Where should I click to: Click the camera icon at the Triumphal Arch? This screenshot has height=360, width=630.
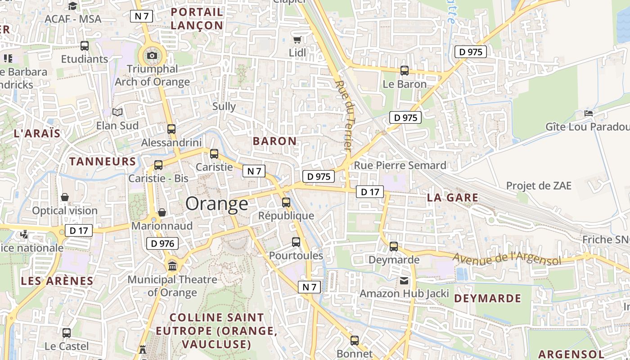click(152, 56)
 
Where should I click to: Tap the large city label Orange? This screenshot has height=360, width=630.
click(216, 204)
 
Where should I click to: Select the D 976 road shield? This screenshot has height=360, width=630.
click(162, 244)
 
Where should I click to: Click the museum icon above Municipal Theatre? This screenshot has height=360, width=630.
click(172, 266)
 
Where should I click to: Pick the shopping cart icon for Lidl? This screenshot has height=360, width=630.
click(297, 40)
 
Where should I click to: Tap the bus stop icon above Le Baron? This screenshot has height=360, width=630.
click(404, 71)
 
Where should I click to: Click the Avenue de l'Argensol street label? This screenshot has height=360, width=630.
click(507, 259)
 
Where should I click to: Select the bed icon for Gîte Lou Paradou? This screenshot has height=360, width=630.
click(588, 113)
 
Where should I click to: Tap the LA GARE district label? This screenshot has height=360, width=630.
click(452, 198)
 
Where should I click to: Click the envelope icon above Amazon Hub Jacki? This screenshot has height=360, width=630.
click(404, 281)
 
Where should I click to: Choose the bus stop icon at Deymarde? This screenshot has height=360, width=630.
click(394, 247)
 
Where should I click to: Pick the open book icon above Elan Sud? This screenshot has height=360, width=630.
click(117, 112)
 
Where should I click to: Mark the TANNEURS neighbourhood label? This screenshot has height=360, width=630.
click(103, 162)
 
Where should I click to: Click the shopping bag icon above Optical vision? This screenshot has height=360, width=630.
click(65, 198)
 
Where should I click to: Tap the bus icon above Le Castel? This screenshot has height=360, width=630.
click(67, 333)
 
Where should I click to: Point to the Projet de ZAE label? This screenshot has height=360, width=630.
click(539, 186)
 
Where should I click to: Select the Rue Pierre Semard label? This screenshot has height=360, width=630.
click(400, 165)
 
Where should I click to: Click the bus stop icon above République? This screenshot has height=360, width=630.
click(286, 202)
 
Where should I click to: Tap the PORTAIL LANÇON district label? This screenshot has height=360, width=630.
click(197, 19)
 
